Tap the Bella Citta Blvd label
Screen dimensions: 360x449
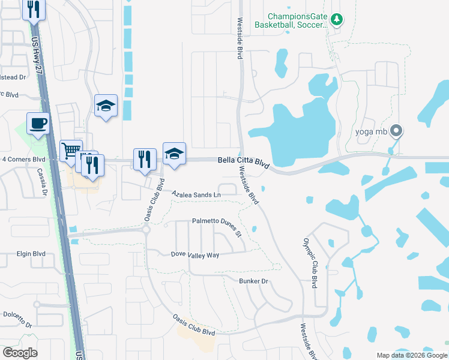pyautogui.click(x=243, y=161)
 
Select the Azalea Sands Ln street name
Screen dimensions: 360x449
pyautogui.click(x=196, y=195)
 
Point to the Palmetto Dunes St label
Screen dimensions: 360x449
pyautogui.click(x=216, y=225)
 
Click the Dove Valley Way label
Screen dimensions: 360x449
pyautogui.click(x=195, y=255)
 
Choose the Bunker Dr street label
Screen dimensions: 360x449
pyautogui.click(x=253, y=281)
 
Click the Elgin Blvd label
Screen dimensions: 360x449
pyautogui.click(x=31, y=254)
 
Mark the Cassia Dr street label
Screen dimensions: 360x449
pyautogui.click(x=43, y=181)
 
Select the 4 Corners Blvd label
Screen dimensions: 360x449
pyautogui.click(x=24, y=160)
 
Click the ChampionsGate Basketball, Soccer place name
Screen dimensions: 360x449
pyautogui.click(x=291, y=21)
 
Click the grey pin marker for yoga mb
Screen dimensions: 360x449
pyautogui.click(x=396, y=130)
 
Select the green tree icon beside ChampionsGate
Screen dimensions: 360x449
pyautogui.click(x=337, y=20)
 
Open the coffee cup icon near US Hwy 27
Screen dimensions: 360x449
pyautogui.click(x=38, y=123)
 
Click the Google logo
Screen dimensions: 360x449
pyautogui.click(x=20, y=353)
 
